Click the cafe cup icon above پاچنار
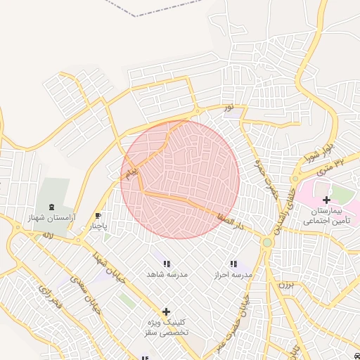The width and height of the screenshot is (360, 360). pos(98,216)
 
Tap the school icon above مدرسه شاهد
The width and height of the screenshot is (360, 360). pos(167,264)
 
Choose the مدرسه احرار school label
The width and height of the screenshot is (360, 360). pos(233,274)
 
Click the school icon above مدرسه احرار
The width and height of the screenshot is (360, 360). pos(233,264)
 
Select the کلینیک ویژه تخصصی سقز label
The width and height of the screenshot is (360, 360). pos(166,326)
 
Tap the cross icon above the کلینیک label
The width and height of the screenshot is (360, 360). pos(166,311)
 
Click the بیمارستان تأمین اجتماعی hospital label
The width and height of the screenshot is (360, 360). pos(326,216)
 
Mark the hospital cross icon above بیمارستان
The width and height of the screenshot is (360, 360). pos(326,200)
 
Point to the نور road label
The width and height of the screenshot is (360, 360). pos(228,107)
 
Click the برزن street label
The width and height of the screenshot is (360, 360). pos(285,285)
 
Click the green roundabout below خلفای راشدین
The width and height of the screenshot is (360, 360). pos(267,243)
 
